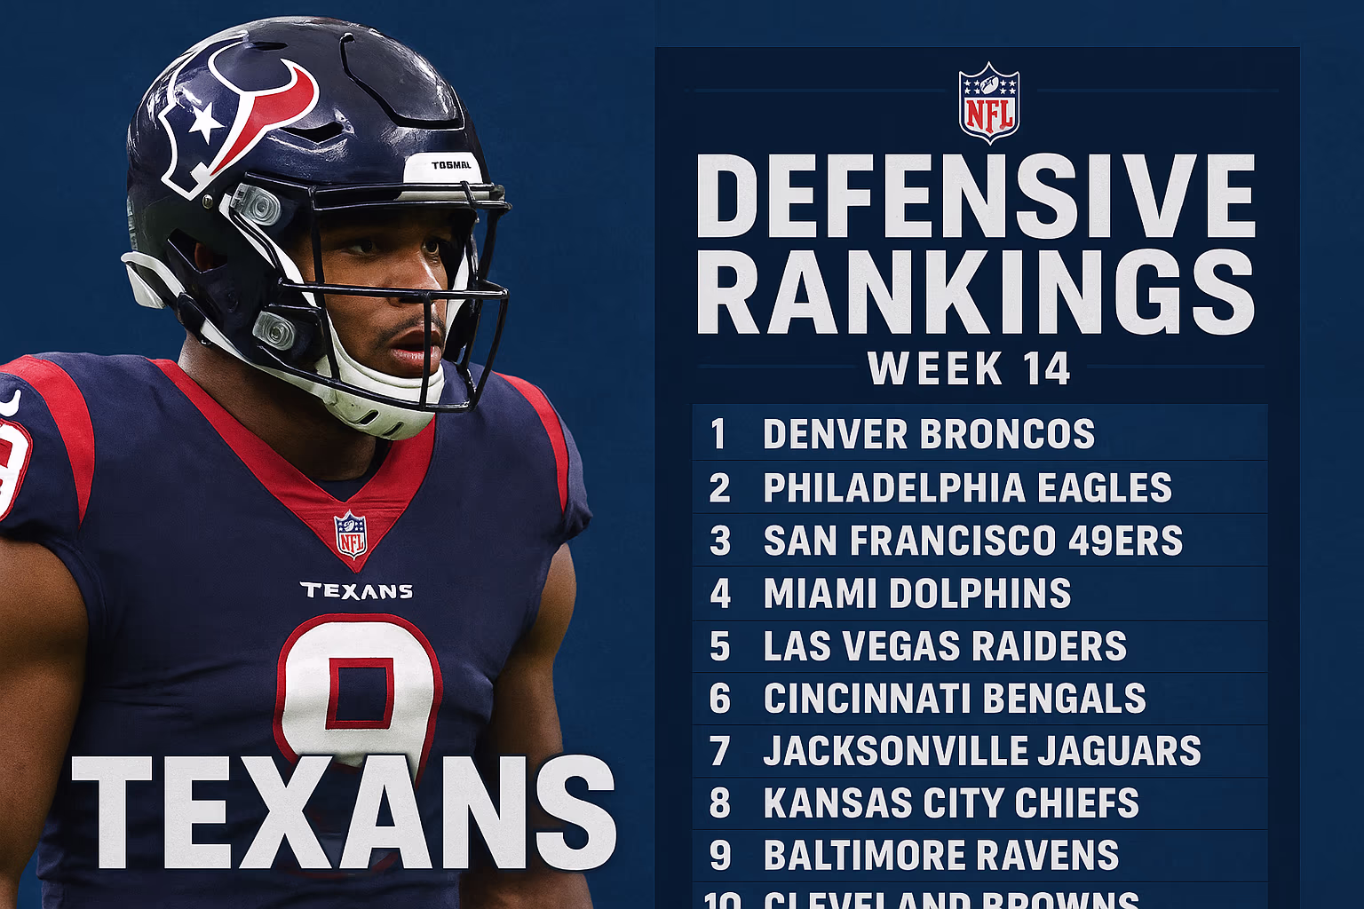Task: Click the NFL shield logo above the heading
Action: tap(988, 103)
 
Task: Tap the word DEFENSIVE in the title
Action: tap(975, 196)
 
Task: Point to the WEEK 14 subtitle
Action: tap(969, 368)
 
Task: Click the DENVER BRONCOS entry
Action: tap(928, 434)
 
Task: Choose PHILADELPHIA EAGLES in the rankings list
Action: tap(967, 487)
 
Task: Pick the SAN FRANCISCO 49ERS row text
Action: tap(972, 541)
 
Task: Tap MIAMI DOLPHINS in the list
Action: tap(916, 593)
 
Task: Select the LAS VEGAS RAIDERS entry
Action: tap(944, 646)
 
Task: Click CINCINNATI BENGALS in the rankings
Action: tap(955, 699)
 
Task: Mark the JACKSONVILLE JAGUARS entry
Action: tap(981, 751)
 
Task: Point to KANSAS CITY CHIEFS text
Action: tap(950, 803)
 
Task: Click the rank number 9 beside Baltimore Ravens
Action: tap(720, 856)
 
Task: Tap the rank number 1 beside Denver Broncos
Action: tap(718, 434)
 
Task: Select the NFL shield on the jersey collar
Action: tap(351, 534)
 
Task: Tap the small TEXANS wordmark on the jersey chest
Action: tap(356, 591)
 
